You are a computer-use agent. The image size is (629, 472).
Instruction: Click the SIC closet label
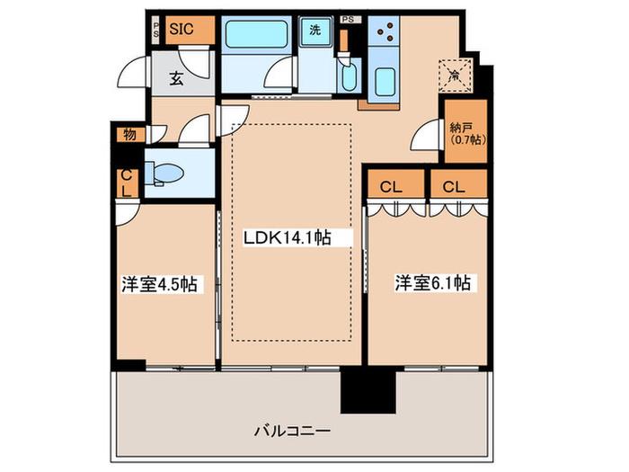(x=182, y=29)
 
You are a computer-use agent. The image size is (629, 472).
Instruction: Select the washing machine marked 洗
(x=315, y=30)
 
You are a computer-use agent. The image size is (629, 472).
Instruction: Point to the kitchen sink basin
(x=385, y=80)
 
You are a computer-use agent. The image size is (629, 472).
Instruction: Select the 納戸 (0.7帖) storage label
(x=466, y=134)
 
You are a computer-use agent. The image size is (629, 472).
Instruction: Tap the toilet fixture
(x=164, y=174)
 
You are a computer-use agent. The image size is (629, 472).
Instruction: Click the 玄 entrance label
(x=176, y=79)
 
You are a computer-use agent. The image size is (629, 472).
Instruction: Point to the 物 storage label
(x=129, y=135)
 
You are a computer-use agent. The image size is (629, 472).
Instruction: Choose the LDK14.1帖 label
(x=288, y=237)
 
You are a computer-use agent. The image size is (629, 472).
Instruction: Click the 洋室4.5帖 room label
(x=160, y=284)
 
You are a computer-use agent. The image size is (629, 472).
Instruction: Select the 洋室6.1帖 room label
(x=433, y=282)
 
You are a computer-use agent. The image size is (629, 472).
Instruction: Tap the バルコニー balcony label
(x=292, y=432)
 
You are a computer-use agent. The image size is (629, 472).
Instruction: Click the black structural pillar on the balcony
(x=368, y=391)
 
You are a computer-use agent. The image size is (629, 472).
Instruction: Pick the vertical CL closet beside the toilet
(x=127, y=183)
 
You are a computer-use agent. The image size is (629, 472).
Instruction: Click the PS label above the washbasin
(x=349, y=19)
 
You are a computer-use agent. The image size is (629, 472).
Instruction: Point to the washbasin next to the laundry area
(x=349, y=75)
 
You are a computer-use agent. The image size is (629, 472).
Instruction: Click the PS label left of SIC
(x=156, y=30)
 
